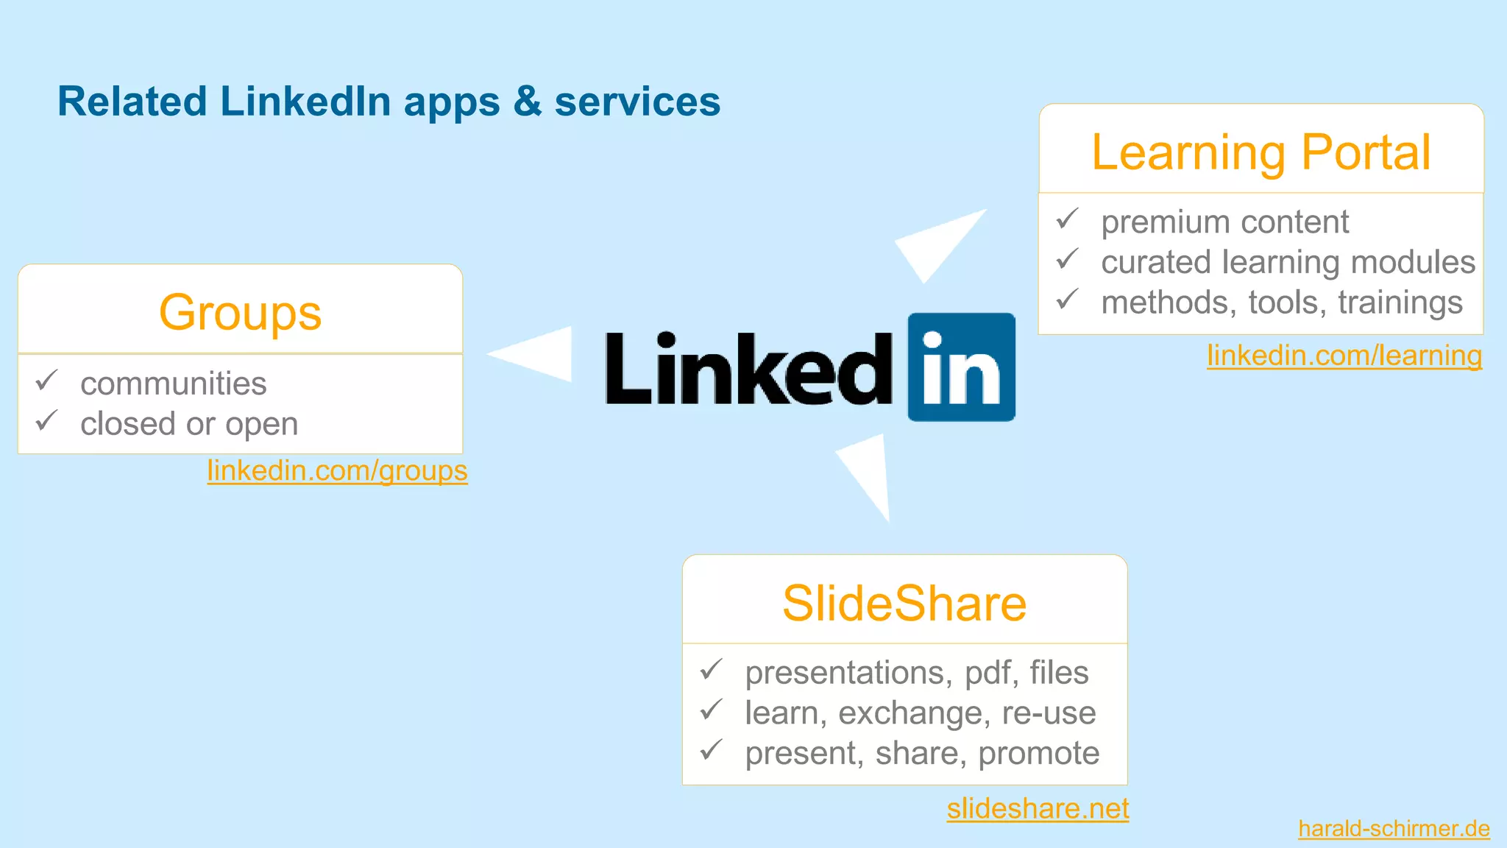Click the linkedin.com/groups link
tap(337, 470)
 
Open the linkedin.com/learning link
tap(1344, 356)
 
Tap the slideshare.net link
tap(1038, 808)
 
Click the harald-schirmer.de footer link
tap(1394, 829)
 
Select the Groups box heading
tap(240, 312)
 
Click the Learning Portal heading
tap(1260, 152)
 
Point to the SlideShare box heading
tap(904, 604)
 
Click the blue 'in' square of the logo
tap(961, 367)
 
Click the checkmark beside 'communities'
tap(47, 381)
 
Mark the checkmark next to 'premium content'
tap(1067, 219)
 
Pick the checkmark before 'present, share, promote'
tap(712, 750)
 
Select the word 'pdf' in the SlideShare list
tap(991, 673)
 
